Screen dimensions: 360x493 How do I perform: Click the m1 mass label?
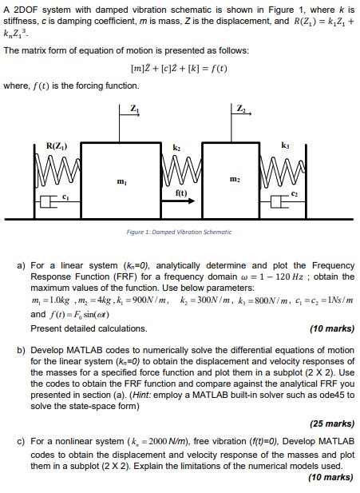pos(121,183)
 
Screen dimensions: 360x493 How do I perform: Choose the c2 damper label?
pos(294,195)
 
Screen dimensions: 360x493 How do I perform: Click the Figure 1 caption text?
pos(180,232)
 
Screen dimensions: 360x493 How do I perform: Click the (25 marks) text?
pos(330,423)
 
